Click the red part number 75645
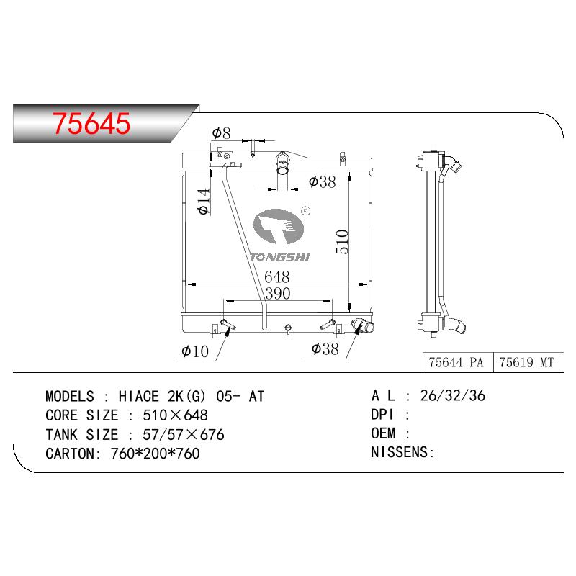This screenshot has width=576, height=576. tap(91, 122)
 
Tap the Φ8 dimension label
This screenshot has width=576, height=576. tap(221, 133)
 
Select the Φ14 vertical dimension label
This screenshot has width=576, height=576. tap(204, 202)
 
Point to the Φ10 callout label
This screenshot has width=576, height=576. tap(195, 351)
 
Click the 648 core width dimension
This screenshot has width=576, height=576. tap(277, 276)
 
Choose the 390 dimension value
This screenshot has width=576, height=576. tap(278, 294)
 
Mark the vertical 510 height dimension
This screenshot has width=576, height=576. tap(342, 241)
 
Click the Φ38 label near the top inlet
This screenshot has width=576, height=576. tap(322, 181)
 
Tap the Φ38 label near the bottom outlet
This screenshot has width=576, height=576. tap(325, 349)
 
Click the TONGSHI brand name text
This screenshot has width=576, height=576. tap(280, 257)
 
